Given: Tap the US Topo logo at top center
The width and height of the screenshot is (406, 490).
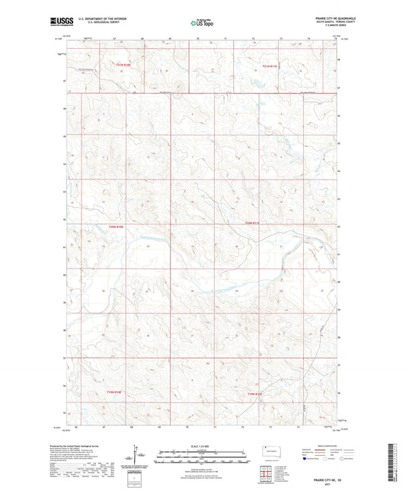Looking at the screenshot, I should (x=200, y=23).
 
